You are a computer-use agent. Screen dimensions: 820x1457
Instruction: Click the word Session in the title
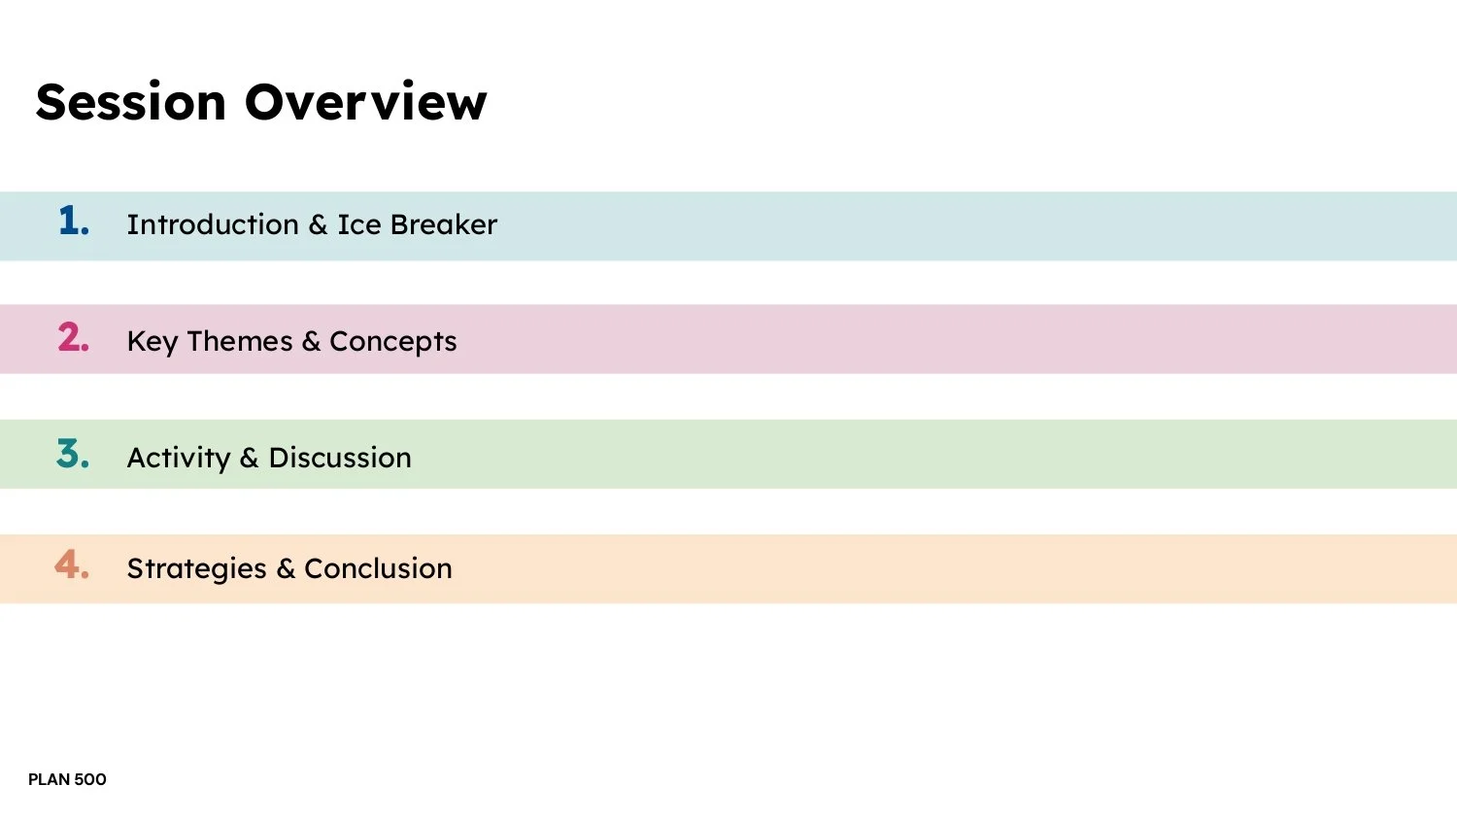131,102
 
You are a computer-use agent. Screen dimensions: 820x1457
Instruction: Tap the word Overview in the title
365,102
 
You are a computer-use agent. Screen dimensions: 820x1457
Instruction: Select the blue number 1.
73,222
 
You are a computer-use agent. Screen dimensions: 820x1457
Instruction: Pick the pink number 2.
73,337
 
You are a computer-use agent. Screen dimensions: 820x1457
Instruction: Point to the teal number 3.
73,454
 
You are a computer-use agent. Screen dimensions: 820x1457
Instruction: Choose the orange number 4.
72,564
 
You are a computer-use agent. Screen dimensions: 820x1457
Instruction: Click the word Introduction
213,224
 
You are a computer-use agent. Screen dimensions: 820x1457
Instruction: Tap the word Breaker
444,224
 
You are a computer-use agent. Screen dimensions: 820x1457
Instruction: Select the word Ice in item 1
359,224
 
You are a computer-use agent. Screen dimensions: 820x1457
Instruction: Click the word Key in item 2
152,342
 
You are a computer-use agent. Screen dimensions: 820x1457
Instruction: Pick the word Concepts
393,342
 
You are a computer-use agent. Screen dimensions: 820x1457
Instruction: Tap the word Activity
179,458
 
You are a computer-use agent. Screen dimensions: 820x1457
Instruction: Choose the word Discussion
340,458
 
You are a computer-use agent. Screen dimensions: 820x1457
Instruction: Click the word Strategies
196,569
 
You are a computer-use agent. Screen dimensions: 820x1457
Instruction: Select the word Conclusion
378,568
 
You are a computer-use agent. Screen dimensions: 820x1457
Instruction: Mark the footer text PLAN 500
67,779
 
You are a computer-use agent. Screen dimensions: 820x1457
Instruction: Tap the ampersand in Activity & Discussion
250,458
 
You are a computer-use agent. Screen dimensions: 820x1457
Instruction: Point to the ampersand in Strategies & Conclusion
286,568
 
